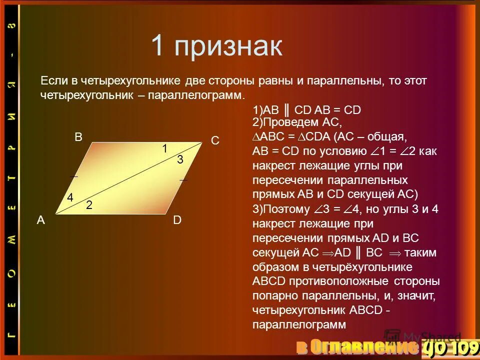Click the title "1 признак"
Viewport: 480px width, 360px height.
pyautogui.click(x=216, y=46)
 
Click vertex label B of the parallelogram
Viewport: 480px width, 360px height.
pyautogui.click(x=78, y=138)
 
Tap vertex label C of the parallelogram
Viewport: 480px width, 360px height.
pyautogui.click(x=215, y=141)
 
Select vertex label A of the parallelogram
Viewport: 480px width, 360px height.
pyautogui.click(x=41, y=220)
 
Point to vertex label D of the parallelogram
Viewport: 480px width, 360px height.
pyautogui.click(x=177, y=220)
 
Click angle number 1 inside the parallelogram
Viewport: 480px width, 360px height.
pyautogui.click(x=164, y=148)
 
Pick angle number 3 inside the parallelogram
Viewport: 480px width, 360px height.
pyautogui.click(x=180, y=160)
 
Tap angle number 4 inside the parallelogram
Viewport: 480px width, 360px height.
pyautogui.click(x=70, y=198)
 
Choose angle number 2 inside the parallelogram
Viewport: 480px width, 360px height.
pyautogui.click(x=88, y=204)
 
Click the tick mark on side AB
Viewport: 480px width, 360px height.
pyautogui.click(x=74, y=176)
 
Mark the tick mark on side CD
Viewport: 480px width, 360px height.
pyautogui.click(x=183, y=179)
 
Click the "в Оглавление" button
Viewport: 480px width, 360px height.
pyautogui.click(x=356, y=346)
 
